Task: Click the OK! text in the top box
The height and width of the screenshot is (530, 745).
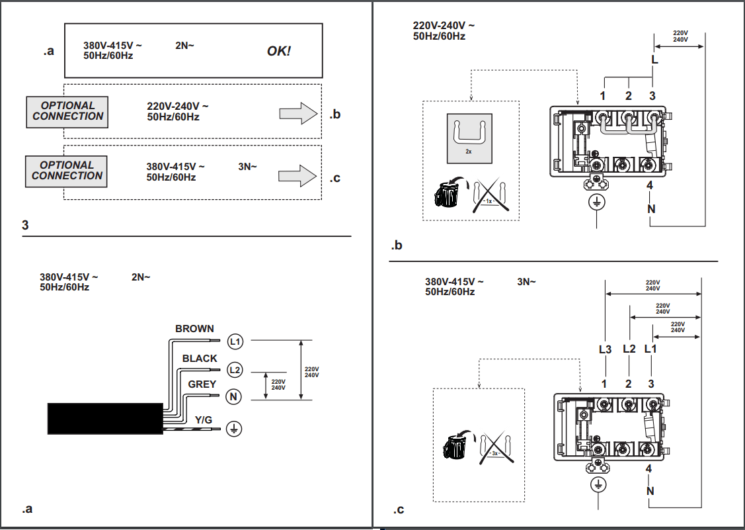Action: click(x=279, y=51)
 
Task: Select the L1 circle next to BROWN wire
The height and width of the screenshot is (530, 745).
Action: click(x=235, y=341)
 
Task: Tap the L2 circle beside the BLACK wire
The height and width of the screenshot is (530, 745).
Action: click(x=234, y=369)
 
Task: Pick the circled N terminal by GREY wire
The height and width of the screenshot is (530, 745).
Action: click(x=234, y=396)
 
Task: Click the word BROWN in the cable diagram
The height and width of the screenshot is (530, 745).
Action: click(x=194, y=328)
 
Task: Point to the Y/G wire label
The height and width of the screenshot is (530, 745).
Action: click(x=203, y=420)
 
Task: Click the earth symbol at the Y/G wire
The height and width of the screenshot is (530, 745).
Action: click(x=233, y=428)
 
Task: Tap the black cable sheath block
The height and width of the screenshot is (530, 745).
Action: click(x=104, y=418)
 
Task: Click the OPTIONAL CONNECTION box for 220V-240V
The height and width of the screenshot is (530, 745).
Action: click(x=67, y=111)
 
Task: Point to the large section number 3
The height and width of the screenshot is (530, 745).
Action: click(x=25, y=225)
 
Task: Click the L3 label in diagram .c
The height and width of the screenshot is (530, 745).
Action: click(x=605, y=349)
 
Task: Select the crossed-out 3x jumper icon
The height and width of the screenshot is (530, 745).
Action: click(x=495, y=449)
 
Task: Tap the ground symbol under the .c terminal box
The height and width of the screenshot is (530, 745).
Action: click(x=598, y=485)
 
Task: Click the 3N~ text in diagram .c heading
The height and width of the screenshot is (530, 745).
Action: click(x=526, y=282)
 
